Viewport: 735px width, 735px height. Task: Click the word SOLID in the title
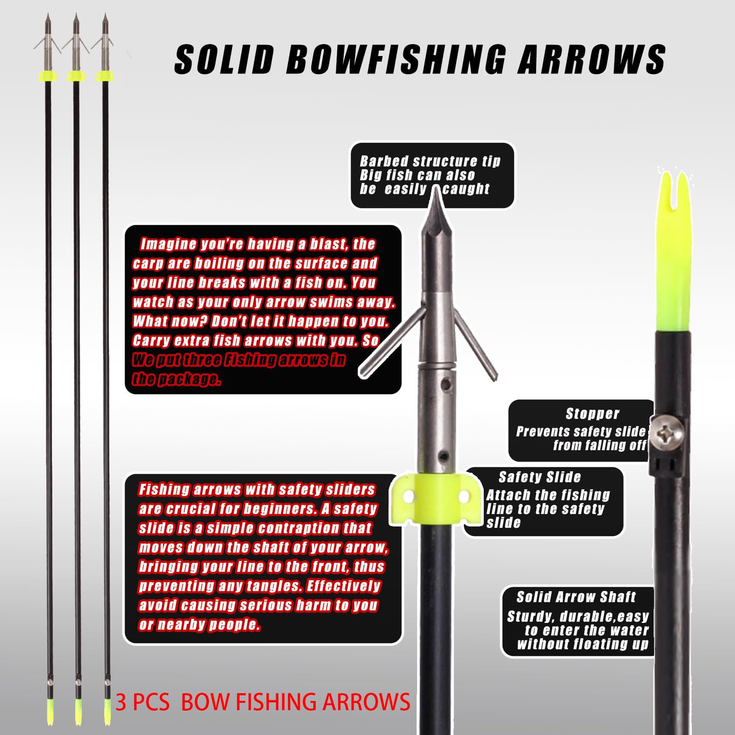tap(224, 60)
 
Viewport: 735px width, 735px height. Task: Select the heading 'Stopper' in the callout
tap(592, 414)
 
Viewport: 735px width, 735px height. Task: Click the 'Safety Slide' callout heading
tap(540, 477)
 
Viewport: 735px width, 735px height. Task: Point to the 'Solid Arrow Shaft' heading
tap(576, 597)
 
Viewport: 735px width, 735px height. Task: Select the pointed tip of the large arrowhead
tap(435, 193)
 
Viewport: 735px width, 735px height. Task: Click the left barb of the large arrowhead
tap(391, 340)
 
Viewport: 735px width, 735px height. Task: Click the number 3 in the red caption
tap(121, 702)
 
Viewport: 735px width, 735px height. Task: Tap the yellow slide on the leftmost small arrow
tap(48, 75)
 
